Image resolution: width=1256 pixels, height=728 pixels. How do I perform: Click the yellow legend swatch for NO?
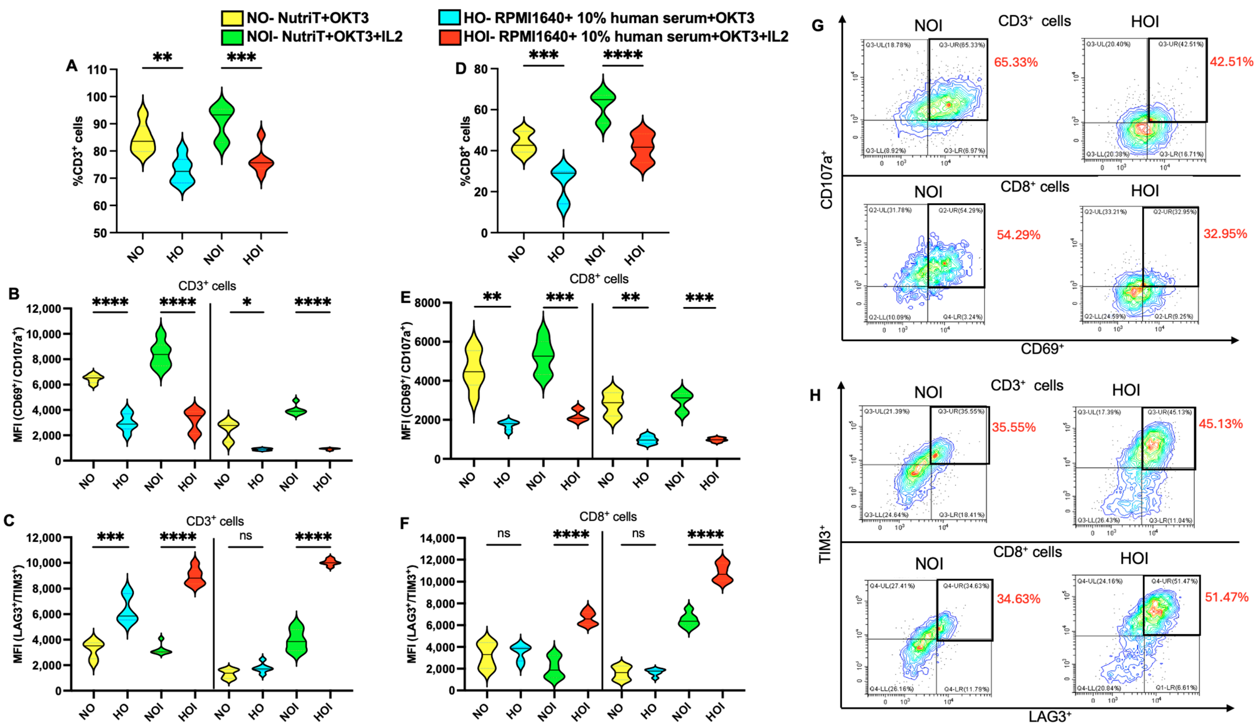232,18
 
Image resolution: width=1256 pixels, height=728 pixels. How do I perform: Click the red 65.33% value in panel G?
1016,62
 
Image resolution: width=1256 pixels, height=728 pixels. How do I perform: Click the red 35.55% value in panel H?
1014,427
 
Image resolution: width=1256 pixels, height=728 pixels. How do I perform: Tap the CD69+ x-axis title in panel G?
1042,348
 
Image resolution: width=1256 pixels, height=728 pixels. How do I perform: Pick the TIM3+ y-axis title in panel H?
825,543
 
